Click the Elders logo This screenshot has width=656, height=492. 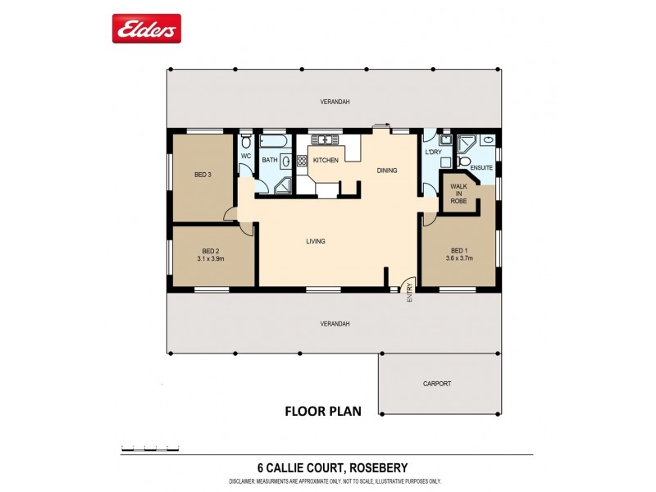[146, 30]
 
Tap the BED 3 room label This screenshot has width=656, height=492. [203, 175]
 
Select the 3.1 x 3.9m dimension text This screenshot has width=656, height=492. [211, 258]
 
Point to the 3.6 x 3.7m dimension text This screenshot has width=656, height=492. [459, 258]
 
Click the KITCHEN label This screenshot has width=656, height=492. [326, 161]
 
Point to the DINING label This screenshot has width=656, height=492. [387, 171]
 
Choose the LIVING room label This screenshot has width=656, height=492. [316, 241]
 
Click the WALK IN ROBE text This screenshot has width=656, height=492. [458, 194]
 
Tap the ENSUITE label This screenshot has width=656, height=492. [481, 168]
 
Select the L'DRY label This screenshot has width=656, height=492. [434, 153]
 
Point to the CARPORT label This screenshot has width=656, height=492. [437, 383]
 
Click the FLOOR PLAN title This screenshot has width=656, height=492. [321, 411]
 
